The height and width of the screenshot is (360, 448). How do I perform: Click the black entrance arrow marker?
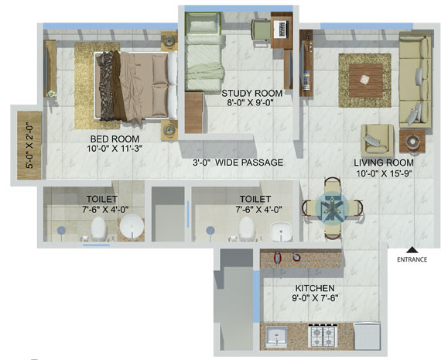tap(412, 250)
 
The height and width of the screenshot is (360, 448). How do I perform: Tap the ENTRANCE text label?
tap(412, 259)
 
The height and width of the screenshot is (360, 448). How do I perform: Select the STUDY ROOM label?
tap(251, 93)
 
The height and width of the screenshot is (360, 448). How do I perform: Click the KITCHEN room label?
tap(315, 288)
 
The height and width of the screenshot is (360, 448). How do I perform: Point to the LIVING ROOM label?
tap(384, 163)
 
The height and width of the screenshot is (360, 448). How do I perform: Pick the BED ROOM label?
tap(115, 139)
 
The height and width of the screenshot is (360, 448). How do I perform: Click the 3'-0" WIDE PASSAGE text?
tap(238, 163)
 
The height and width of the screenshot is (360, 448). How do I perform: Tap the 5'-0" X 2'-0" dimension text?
tap(29, 147)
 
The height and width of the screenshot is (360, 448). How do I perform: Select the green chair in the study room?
tap(261, 32)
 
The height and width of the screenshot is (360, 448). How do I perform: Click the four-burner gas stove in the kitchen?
tap(323, 336)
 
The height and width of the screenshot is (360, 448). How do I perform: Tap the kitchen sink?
tap(276, 337)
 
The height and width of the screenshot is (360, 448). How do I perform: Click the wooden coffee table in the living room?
tap(365, 81)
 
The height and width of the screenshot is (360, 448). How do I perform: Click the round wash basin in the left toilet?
tap(132, 228)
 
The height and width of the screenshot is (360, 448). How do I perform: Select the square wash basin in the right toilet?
tap(281, 231)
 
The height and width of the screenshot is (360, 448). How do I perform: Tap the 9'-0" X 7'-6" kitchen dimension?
tap(315, 298)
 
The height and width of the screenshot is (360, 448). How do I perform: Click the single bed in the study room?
tap(203, 51)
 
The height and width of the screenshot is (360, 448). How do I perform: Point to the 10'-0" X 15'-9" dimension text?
tap(384, 173)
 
